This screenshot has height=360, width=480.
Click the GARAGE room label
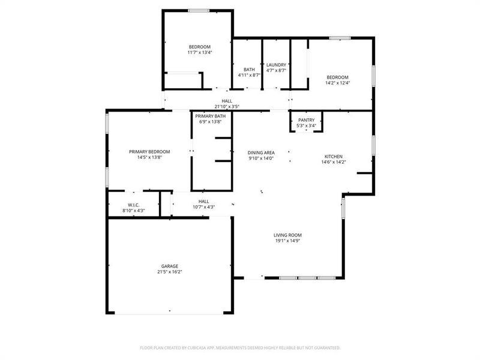pyautogui.click(x=169, y=266)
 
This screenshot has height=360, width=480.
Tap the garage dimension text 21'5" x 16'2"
pyautogui.click(x=169, y=272)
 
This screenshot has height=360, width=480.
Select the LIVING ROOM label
pyautogui.click(x=287, y=235)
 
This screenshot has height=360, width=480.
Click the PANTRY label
pyautogui.click(x=306, y=120)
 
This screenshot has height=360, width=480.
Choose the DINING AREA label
pyautogui.click(x=261, y=152)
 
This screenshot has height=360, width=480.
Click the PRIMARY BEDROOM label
pyautogui.click(x=149, y=151)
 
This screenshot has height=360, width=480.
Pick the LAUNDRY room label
pyautogui.click(x=276, y=64)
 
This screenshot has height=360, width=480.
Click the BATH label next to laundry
pyautogui.click(x=248, y=69)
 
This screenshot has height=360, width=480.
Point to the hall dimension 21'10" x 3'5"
pyautogui.click(x=227, y=106)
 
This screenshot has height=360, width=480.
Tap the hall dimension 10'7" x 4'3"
pyautogui.click(x=204, y=207)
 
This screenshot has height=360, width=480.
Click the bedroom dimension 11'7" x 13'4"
pyautogui.click(x=200, y=52)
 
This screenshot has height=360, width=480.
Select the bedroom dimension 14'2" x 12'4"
pyautogui.click(x=337, y=82)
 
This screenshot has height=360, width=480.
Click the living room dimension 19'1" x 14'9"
pyautogui.click(x=287, y=241)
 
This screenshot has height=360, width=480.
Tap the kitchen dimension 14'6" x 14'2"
pyautogui.click(x=333, y=161)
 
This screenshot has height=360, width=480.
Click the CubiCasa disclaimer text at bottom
pyautogui.click(x=240, y=347)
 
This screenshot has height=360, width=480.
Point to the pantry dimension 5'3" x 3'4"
pyautogui.click(x=306, y=125)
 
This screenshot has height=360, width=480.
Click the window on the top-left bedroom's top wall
pyautogui.click(x=199, y=10)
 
